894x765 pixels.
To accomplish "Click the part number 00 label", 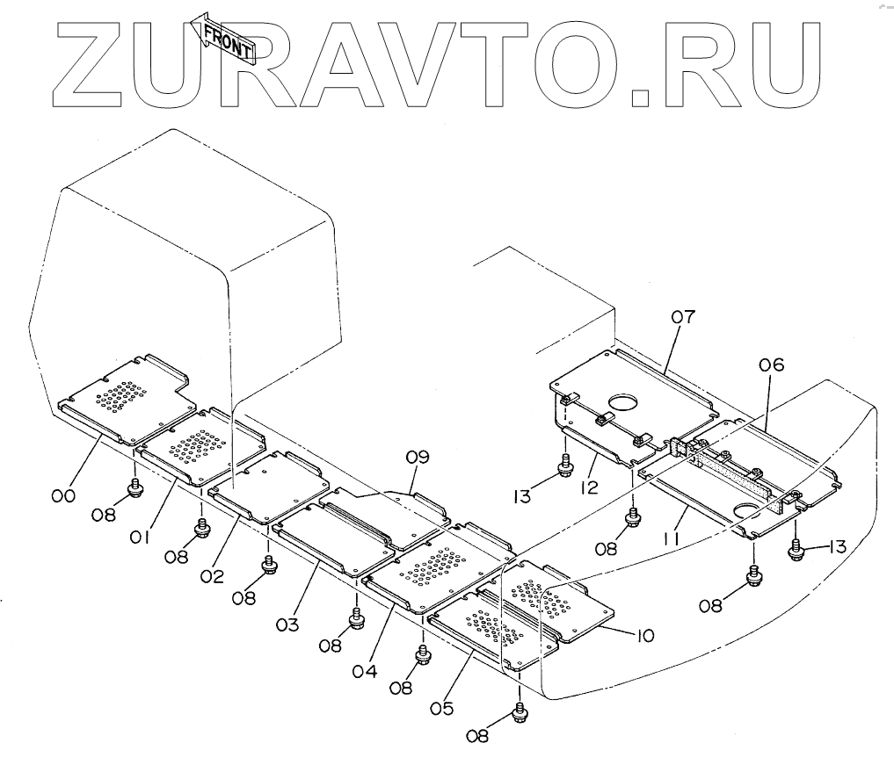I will (62, 496).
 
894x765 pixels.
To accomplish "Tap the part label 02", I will (213, 577).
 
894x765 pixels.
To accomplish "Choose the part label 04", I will (366, 672).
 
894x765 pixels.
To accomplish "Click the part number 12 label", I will (590, 486).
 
